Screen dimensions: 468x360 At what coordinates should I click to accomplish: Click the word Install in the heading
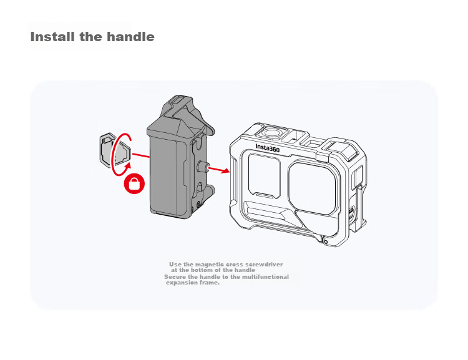point(52,37)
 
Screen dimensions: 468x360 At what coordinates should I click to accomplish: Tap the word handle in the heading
point(130,37)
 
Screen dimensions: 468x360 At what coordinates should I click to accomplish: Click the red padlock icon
point(134,183)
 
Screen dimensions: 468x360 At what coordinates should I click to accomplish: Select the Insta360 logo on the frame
point(268,148)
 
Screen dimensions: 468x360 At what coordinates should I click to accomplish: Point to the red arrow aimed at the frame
point(219,170)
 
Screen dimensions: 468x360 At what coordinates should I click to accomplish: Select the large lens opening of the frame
point(312,188)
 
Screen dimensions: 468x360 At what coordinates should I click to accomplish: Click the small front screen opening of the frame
point(264,175)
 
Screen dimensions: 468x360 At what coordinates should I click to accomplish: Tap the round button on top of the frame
point(271,132)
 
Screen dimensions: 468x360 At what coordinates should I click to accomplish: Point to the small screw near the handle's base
point(198,204)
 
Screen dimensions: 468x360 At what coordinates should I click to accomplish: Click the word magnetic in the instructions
point(209,264)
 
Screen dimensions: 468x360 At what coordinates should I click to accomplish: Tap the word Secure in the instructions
point(175,277)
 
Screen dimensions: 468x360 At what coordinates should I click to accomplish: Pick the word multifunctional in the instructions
point(265,277)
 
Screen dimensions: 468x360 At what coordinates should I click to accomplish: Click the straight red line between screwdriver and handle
point(140,155)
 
